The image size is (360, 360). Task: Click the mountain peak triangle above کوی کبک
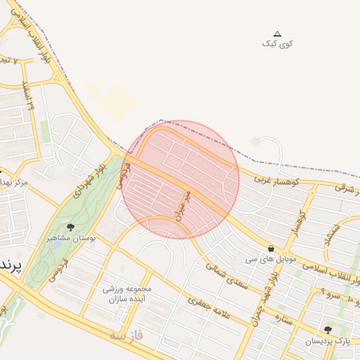tap(277, 34)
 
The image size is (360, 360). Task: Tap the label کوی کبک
tap(277, 44)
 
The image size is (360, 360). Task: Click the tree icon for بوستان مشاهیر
tap(70, 226)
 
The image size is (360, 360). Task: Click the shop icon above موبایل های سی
tap(271, 248)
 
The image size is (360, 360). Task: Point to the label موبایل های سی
tap(271, 259)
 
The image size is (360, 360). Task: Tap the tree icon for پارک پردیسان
tap(328, 330)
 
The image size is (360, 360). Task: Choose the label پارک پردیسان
tap(327, 341)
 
